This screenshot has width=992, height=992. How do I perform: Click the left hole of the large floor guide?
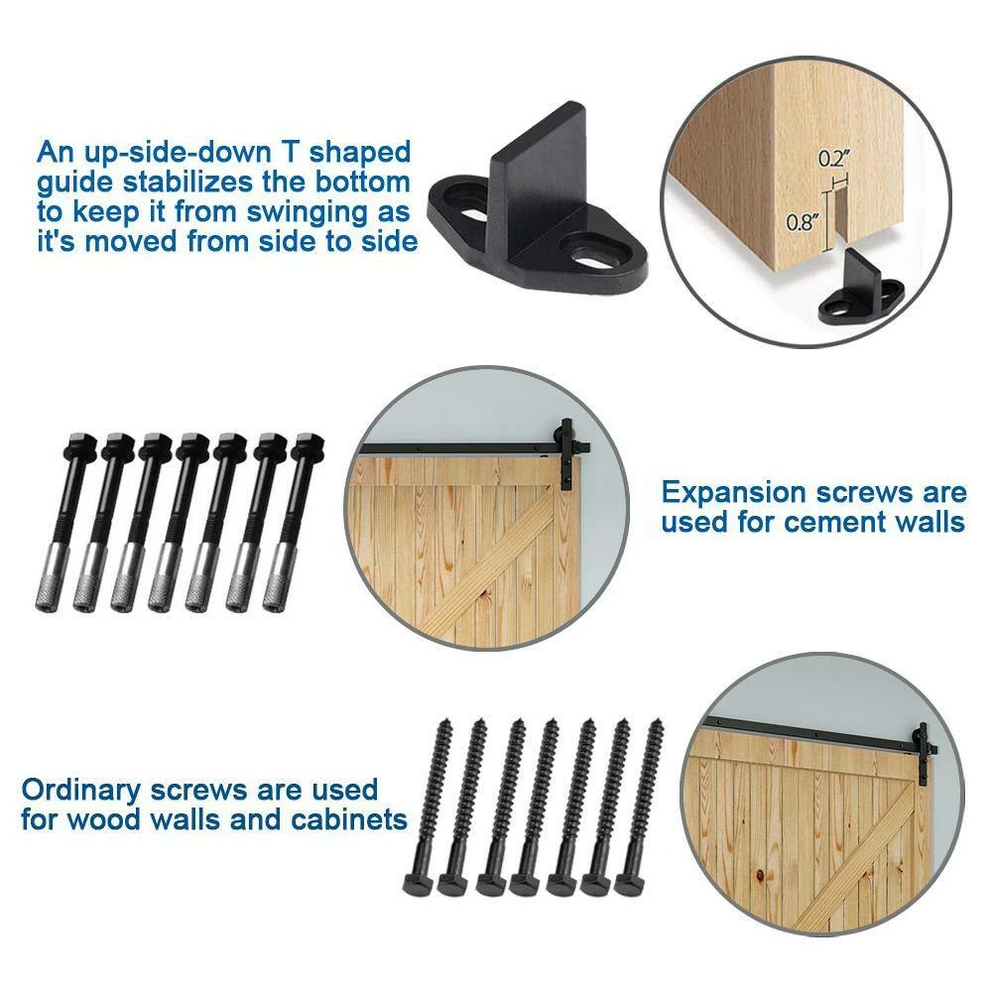(469, 209)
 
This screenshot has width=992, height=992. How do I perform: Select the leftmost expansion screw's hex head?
(78, 443)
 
